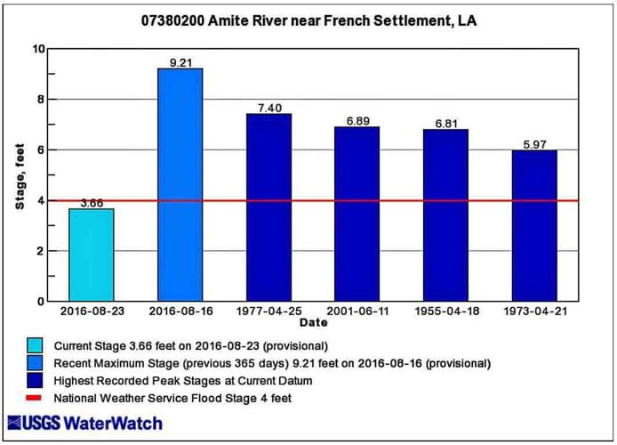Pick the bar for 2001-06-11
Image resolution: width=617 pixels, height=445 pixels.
pos(357,214)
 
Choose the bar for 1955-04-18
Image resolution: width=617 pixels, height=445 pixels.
pos(445,215)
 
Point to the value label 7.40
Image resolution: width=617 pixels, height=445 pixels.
pos(268,108)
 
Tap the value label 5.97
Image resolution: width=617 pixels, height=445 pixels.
pos(534,144)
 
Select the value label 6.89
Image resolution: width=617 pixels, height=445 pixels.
pos(357,120)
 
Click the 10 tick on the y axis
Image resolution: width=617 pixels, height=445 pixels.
pos(39,49)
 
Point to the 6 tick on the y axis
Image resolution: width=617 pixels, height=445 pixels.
pos(42,150)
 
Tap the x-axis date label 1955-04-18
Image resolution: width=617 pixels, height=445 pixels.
pos(445,311)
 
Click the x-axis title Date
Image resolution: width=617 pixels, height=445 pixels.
pos(313,322)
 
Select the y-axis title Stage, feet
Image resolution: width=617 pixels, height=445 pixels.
pos(19,175)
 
